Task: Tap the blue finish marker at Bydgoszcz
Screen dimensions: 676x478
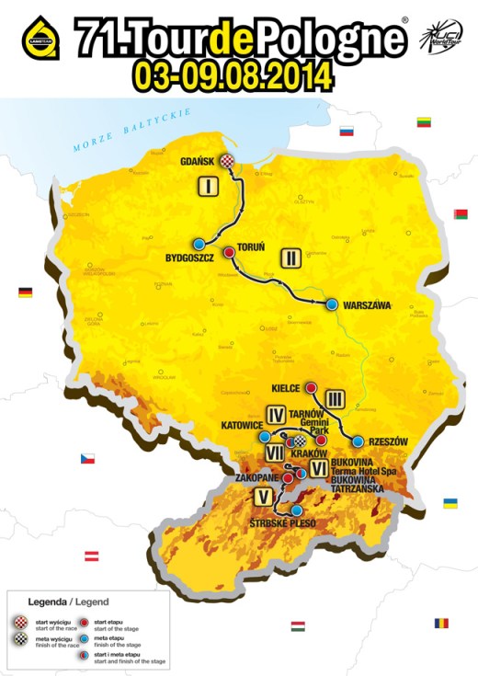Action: click(199, 244)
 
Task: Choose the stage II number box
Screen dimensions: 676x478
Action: click(290, 257)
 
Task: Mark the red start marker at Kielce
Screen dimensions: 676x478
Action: click(311, 387)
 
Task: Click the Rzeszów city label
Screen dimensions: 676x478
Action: click(387, 441)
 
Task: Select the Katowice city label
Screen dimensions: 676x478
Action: click(244, 427)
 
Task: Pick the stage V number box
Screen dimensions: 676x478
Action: click(264, 498)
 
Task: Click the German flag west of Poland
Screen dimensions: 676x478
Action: click(25, 292)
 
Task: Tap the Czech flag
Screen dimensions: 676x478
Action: click(86, 458)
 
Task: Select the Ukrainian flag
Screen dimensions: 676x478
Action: click(451, 503)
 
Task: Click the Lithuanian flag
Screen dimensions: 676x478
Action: click(425, 121)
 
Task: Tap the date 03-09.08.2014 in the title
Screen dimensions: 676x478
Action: click(231, 75)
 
